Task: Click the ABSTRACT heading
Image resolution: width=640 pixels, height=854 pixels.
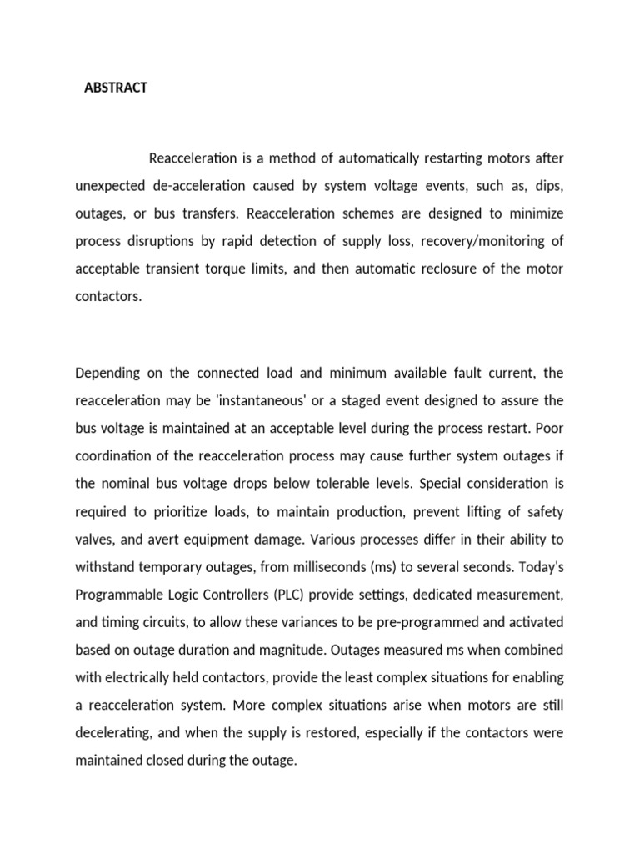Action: (x=116, y=88)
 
